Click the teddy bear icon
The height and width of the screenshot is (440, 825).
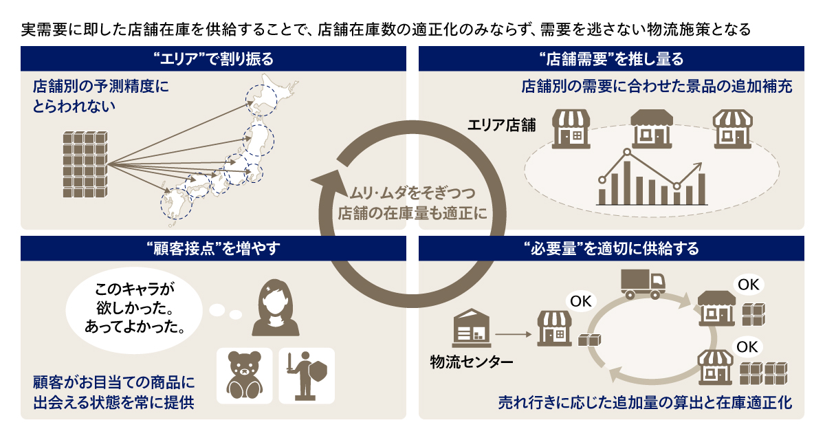point(245,375)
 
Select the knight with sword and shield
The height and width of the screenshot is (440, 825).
point(307,376)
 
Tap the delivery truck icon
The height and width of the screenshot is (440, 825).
point(643,284)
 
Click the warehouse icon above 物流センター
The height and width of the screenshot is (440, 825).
point(472,328)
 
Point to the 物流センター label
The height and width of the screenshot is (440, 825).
point(472,362)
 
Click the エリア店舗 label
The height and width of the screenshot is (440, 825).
point(502,125)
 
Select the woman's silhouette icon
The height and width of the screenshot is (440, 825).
point(276,308)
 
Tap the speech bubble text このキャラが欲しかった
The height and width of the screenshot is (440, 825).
point(135,298)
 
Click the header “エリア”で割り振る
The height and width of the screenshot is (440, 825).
point(213,59)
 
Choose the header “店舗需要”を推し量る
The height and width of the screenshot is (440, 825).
point(611,59)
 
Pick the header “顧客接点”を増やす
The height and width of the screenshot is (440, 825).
point(213,249)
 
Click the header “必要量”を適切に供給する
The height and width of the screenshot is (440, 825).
point(611,249)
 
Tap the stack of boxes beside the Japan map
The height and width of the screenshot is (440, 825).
point(85,164)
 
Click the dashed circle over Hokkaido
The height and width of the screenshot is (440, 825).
point(261,100)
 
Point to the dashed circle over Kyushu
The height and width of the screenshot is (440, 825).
point(177,203)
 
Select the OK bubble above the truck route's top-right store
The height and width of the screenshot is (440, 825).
point(749,285)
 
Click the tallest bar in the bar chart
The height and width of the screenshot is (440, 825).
point(626,183)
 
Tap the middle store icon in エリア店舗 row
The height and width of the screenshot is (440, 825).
point(652,129)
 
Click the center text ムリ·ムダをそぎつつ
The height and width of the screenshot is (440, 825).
point(412,192)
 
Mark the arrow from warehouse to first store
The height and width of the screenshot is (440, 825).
point(514,334)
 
